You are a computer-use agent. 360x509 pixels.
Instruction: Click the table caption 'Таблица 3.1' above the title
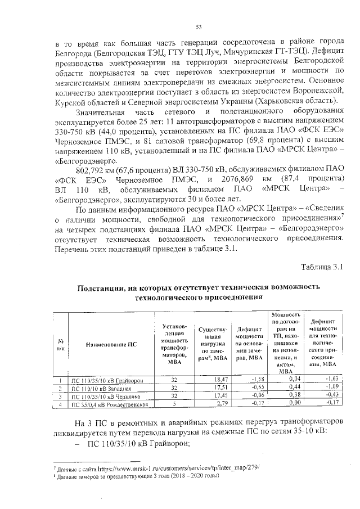(322, 266)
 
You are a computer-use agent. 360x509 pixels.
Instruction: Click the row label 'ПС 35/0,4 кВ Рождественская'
(108, 404)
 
